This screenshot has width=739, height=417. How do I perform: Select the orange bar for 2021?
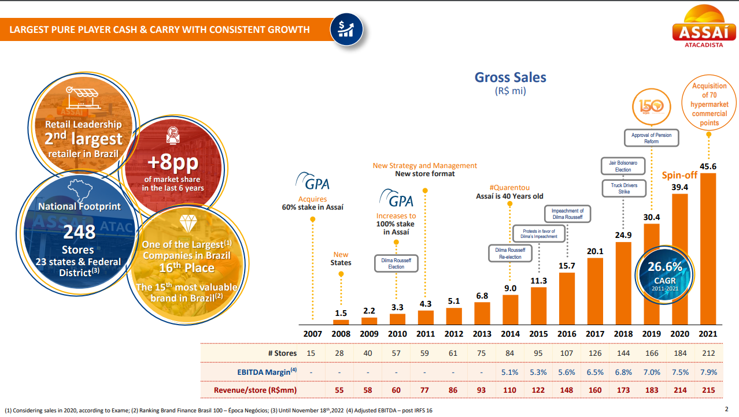coord(708,248)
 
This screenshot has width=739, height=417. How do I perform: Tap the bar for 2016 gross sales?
coord(567,298)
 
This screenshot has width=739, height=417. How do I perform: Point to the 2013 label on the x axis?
coord(482,334)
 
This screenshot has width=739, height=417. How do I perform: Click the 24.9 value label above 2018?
coord(623,235)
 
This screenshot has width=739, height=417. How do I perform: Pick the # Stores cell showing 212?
coord(708,353)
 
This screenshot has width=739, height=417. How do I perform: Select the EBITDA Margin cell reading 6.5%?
coord(595,371)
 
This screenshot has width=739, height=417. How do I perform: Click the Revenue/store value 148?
coord(567,390)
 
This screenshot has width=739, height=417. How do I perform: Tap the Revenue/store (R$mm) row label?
coord(255,390)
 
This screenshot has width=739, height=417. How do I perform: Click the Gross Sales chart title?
coord(510,77)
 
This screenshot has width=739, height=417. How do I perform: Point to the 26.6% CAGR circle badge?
coord(665,272)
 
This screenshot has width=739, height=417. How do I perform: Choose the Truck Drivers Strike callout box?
coord(623,188)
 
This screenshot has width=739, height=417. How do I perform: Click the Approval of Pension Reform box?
coord(652,138)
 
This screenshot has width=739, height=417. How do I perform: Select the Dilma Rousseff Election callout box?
coord(396,263)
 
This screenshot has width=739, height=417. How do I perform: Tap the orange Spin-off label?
coord(680,175)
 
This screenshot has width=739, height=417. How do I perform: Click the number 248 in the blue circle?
coord(79,232)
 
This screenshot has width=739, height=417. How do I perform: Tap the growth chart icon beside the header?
coord(346,29)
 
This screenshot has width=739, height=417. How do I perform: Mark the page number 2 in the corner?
coord(726,409)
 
